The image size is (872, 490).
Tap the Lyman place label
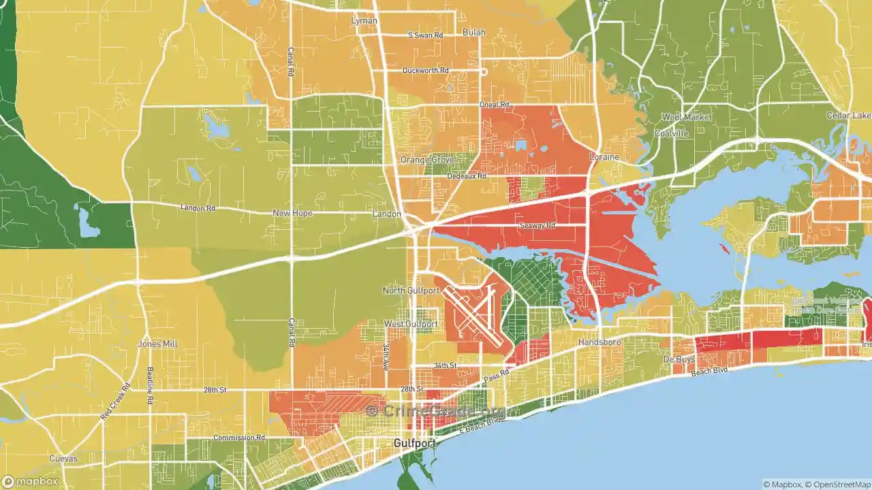click(x=364, y=21)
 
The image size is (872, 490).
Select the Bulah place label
click(x=474, y=33)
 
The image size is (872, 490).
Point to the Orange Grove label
click(x=427, y=160)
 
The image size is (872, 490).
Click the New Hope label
click(x=292, y=213)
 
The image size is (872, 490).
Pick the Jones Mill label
click(x=157, y=344)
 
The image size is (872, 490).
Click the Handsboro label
click(x=599, y=342)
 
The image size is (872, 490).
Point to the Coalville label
click(x=672, y=133)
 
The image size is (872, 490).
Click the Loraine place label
click(x=604, y=157)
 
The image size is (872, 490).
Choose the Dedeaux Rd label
click(x=467, y=176)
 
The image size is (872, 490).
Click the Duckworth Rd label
click(x=426, y=70)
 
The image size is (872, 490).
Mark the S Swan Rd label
click(x=425, y=35)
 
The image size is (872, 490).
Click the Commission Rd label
click(x=239, y=438)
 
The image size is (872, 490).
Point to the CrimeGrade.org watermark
click(x=436, y=410)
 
